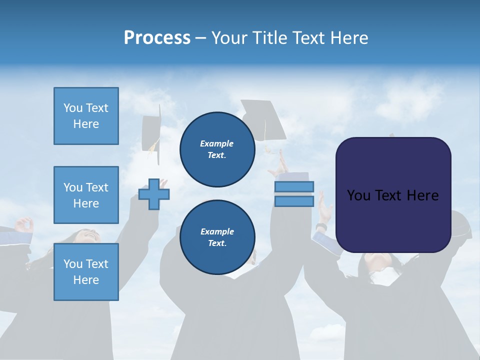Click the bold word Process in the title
pos(157,37)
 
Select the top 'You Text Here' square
pos(86,116)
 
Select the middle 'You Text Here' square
pos(86,195)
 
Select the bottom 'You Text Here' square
pos(86,272)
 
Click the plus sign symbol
pos(154,194)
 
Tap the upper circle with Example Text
pos(217,149)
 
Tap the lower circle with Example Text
pos(217,237)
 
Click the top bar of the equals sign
pos(294,186)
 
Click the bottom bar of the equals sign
pos(294,201)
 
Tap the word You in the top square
pos(73,108)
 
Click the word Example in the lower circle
pos(217,231)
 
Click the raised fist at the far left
pos(24,225)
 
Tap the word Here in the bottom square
pos(86,280)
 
